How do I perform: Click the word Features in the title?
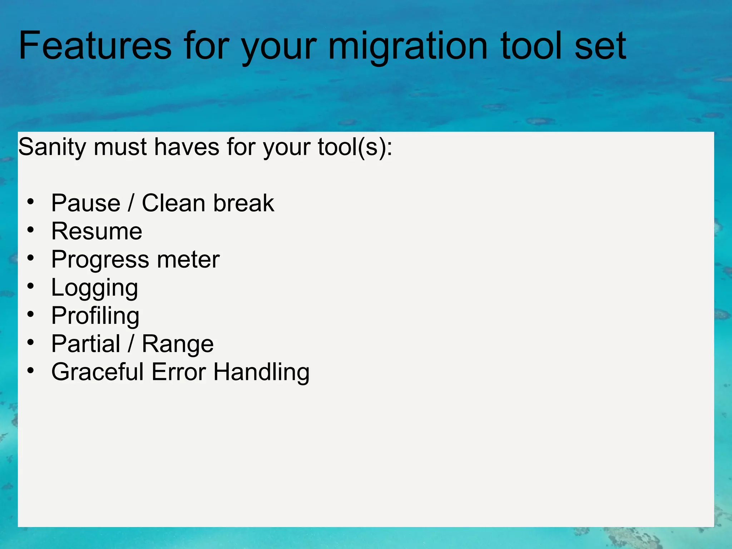pos(95,46)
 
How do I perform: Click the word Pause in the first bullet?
pos(86,203)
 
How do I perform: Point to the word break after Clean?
pos(244,203)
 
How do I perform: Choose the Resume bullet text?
pos(97,231)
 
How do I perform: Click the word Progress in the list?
pos(100,260)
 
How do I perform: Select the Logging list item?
pos(94,288)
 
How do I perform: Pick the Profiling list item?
pos(95,316)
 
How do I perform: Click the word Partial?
pos(86,344)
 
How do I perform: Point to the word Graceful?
pos(98,372)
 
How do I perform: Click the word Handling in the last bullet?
pos(261,372)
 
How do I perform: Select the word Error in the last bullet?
pos(179,372)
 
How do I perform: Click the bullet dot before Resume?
pos(31,230)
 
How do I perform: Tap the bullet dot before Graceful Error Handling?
pos(31,370)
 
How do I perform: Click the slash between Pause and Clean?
pos(131,203)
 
